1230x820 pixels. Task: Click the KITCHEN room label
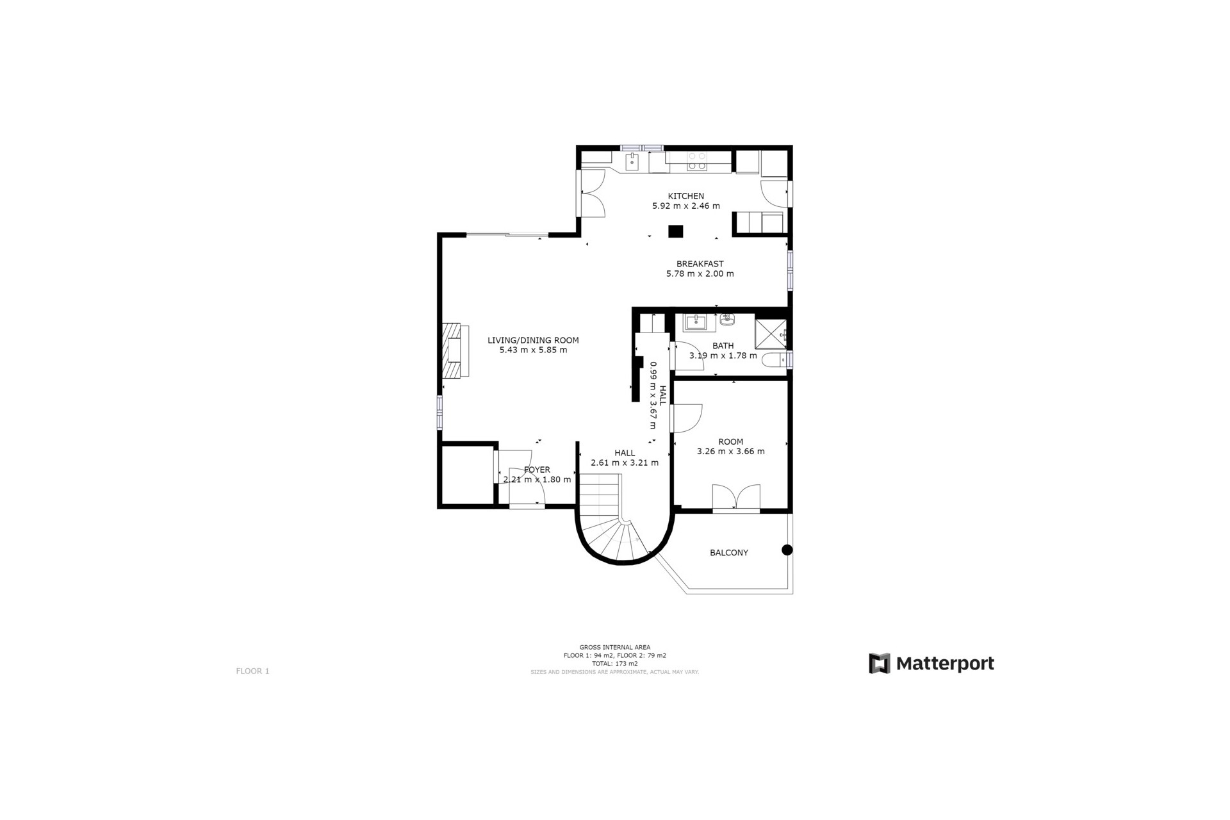tap(685, 196)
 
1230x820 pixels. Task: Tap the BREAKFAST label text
tap(700, 263)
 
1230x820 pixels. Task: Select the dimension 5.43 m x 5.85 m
tap(533, 350)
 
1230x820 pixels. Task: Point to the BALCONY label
tap(728, 552)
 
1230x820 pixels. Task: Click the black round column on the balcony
tap(787, 550)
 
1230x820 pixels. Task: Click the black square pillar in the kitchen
tap(675, 231)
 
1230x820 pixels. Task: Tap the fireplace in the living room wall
tap(455, 350)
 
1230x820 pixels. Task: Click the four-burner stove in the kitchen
tap(696, 161)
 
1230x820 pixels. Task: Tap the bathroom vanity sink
tap(696, 321)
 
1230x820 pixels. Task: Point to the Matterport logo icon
tap(879, 663)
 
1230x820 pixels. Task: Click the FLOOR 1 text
tap(252, 671)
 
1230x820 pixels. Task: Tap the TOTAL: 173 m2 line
tap(614, 664)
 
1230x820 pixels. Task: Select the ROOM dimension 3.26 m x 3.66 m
tap(730, 451)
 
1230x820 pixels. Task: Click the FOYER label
tap(537, 470)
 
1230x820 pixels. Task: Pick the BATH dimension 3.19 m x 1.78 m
tap(723, 356)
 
